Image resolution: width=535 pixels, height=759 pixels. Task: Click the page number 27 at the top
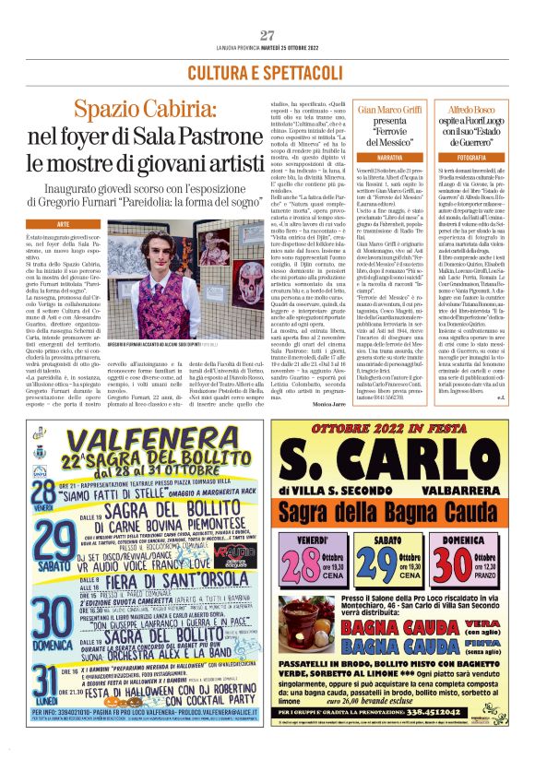(x=267, y=36)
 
